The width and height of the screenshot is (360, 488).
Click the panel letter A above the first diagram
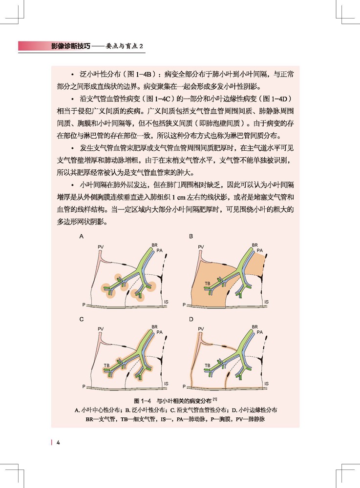click(82, 236)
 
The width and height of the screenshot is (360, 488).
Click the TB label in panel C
click(106, 365)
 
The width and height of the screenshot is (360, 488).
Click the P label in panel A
click(84, 305)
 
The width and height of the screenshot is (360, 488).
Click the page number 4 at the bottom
click(58, 443)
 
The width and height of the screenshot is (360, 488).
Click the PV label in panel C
click(101, 330)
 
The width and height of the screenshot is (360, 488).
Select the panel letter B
click(191, 236)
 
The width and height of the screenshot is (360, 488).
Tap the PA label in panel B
click(260, 250)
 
